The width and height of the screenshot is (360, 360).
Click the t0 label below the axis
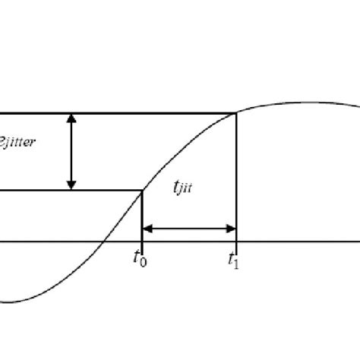pyautogui.click(x=139, y=258)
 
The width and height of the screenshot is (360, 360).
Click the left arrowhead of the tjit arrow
pyautogui.click(x=147, y=227)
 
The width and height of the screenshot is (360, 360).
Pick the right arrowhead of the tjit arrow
pyautogui.click(x=232, y=227)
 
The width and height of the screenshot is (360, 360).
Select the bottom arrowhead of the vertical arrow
pyautogui.click(x=71, y=185)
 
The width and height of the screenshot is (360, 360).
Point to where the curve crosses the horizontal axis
pyautogui.click(x=102, y=243)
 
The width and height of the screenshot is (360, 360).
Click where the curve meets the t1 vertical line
pyautogui.click(x=237, y=114)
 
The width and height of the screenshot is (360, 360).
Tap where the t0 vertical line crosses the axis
pyautogui.click(x=142, y=243)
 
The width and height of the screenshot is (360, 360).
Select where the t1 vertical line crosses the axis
pyautogui.click(x=237, y=243)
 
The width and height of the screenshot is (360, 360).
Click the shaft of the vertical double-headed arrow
pyautogui.click(x=71, y=152)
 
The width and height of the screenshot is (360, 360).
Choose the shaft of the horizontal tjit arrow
pyautogui.click(x=190, y=227)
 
